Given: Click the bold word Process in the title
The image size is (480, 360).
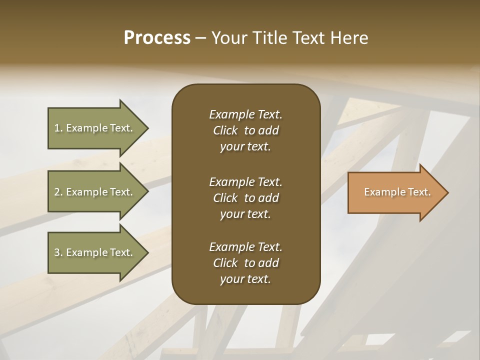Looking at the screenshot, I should tap(157, 38).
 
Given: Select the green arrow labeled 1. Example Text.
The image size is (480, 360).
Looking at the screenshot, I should tap(95, 128).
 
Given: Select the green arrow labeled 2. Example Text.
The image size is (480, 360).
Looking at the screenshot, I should tap(95, 192).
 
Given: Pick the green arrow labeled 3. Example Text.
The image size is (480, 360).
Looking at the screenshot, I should tap(95, 252).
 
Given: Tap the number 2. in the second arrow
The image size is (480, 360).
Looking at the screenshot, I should tap(58, 192).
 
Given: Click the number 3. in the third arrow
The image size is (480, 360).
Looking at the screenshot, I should tap(58, 252).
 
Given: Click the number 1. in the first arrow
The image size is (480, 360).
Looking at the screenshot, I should tap(58, 128).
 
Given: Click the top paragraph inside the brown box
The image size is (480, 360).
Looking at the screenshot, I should tap(245, 130).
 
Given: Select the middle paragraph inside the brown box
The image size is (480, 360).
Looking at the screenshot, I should tap(245, 198).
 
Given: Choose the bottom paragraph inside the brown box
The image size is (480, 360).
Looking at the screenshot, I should tap(245, 263).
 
